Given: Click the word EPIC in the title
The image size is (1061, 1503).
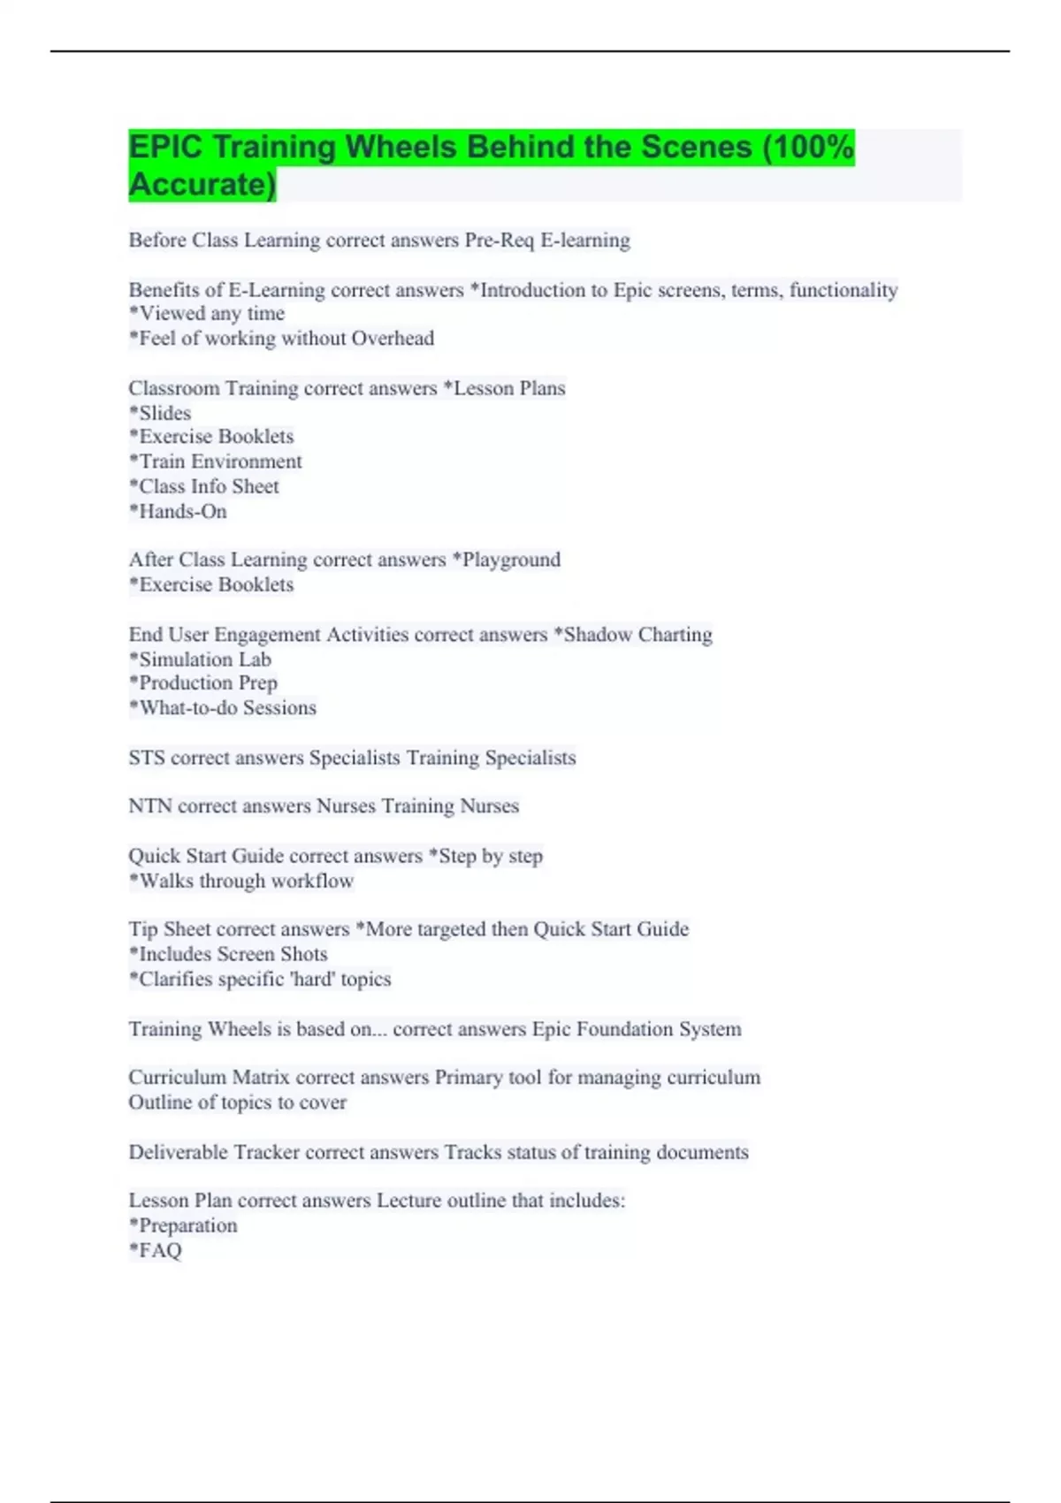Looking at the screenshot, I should pyautogui.click(x=165, y=147).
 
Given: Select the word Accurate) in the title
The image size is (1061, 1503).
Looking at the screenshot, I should pyautogui.click(x=202, y=184).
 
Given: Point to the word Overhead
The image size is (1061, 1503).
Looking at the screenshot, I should pyautogui.click(x=393, y=339).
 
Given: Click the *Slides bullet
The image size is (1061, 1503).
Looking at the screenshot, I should pyautogui.click(x=160, y=413).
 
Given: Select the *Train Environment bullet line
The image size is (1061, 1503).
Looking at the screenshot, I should pyautogui.click(x=216, y=462).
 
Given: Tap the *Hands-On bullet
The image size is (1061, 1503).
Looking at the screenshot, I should pyautogui.click(x=178, y=511).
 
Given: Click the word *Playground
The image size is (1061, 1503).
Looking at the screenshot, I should pyautogui.click(x=506, y=560).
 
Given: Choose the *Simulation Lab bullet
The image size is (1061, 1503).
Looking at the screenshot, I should pyautogui.click(x=200, y=660).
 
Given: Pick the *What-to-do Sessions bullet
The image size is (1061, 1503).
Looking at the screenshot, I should pyautogui.click(x=223, y=708).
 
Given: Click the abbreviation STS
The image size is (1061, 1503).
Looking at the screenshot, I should pyautogui.click(x=147, y=758).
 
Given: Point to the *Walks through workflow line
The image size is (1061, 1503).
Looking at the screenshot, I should pyautogui.click(x=241, y=881).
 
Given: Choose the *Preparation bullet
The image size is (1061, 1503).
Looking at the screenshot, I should pyautogui.click(x=183, y=1226).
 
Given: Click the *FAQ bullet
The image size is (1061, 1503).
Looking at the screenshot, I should pyautogui.click(x=156, y=1251).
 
